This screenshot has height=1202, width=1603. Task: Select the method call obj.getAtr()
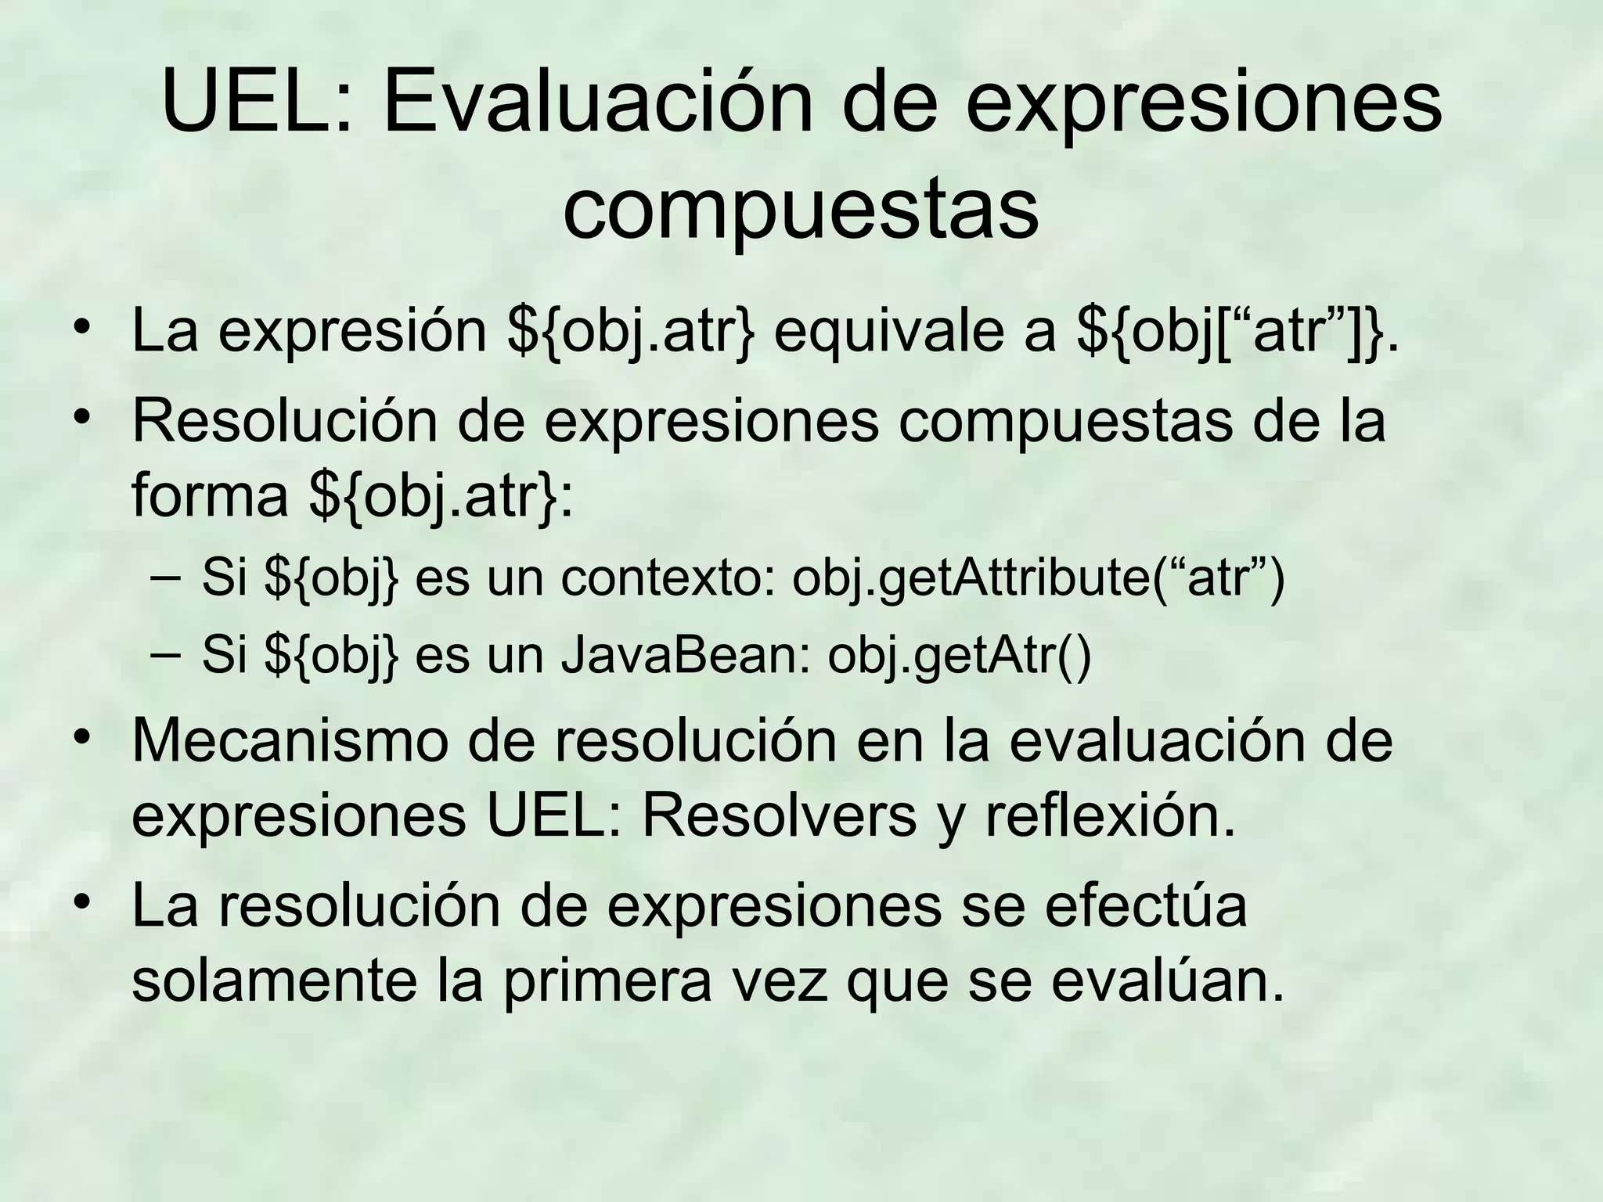click(960, 656)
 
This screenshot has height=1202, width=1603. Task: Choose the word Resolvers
click(779, 816)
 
